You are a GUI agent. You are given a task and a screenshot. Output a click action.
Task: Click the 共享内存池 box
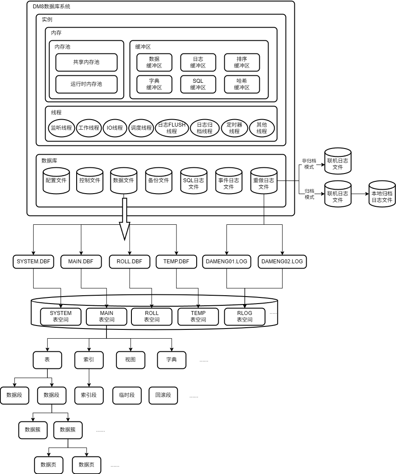click(x=86, y=62)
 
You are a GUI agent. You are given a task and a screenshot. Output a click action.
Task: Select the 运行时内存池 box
click(x=86, y=84)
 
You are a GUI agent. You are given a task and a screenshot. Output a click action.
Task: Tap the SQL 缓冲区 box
click(x=198, y=84)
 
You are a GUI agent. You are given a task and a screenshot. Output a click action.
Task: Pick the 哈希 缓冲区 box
click(x=242, y=84)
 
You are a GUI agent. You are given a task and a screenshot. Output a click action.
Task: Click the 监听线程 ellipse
click(x=61, y=128)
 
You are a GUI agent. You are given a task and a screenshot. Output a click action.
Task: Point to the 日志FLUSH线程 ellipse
click(x=172, y=128)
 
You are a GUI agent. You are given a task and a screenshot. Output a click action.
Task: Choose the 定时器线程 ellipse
click(x=234, y=128)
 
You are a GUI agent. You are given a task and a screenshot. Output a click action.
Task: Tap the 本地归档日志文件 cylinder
click(x=382, y=195)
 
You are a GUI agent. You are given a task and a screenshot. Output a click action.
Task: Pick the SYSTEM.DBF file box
click(x=33, y=262)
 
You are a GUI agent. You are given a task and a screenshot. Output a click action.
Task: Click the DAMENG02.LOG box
click(x=282, y=262)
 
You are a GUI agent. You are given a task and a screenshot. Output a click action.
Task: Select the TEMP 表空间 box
click(x=198, y=316)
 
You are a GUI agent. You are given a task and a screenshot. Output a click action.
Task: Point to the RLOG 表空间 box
click(x=244, y=316)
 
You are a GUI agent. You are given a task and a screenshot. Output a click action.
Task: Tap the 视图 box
click(x=130, y=360)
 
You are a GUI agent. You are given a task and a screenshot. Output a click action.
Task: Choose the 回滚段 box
click(x=163, y=395)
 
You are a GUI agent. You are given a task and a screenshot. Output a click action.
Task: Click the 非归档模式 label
click(x=309, y=164)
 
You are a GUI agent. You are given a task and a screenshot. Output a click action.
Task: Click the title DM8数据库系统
click(x=51, y=7)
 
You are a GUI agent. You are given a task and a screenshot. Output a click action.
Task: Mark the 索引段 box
click(x=88, y=395)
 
